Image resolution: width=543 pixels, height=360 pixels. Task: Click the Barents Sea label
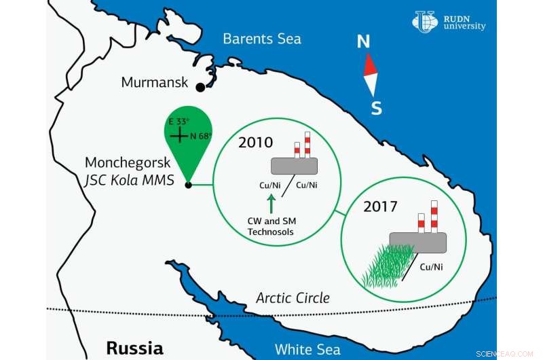262,38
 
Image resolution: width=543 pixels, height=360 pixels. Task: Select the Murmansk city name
154,82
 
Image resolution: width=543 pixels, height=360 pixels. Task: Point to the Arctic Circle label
293,298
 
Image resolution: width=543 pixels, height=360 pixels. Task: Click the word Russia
134,348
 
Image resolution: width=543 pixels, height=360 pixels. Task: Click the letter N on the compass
364,42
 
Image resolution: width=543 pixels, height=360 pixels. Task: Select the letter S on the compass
376,108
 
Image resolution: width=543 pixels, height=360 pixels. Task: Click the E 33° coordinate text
179,121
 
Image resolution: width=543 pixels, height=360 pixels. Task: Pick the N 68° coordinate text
201,136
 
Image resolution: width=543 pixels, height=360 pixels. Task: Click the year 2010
255,143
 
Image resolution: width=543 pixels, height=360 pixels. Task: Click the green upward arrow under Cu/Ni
271,202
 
